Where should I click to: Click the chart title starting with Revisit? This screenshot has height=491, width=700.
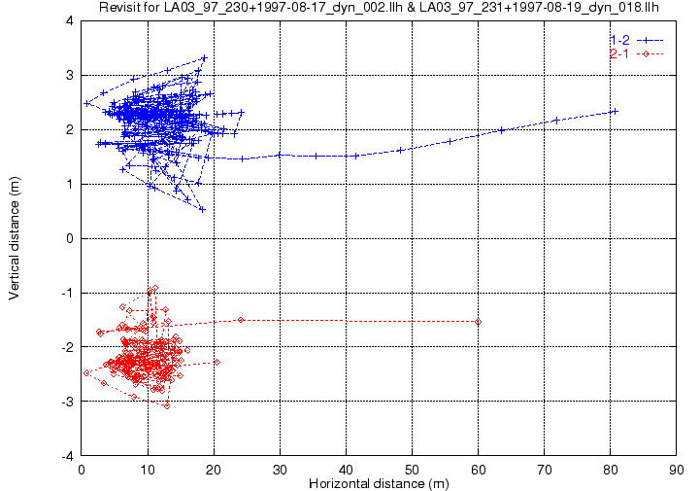(379, 7)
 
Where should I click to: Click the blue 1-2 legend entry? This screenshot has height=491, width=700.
(637, 40)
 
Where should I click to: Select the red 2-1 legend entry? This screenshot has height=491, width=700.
(637, 54)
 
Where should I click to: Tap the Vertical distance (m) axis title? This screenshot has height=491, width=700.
(15, 238)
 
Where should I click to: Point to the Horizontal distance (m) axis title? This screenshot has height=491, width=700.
(379, 483)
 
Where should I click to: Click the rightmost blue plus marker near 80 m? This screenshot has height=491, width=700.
(615, 112)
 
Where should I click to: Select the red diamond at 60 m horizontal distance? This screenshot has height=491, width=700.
(478, 322)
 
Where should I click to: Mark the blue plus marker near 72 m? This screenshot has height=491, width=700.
(556, 121)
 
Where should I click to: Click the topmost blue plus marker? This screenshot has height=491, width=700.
(205, 58)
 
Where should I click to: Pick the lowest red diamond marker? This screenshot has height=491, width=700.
(167, 406)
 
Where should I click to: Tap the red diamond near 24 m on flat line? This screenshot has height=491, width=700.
(241, 320)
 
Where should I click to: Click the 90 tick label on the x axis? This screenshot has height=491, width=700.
(677, 470)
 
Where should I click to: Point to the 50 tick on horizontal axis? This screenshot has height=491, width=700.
(412, 470)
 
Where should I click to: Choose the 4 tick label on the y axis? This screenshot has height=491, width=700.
(70, 20)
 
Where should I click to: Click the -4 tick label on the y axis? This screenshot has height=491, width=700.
(67, 456)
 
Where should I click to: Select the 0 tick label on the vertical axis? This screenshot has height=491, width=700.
(70, 238)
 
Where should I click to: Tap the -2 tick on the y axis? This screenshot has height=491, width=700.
(67, 347)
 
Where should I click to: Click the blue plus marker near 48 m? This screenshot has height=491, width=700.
(400, 151)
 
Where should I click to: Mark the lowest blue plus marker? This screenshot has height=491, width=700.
(202, 209)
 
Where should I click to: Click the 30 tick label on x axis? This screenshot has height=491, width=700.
(280, 470)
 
